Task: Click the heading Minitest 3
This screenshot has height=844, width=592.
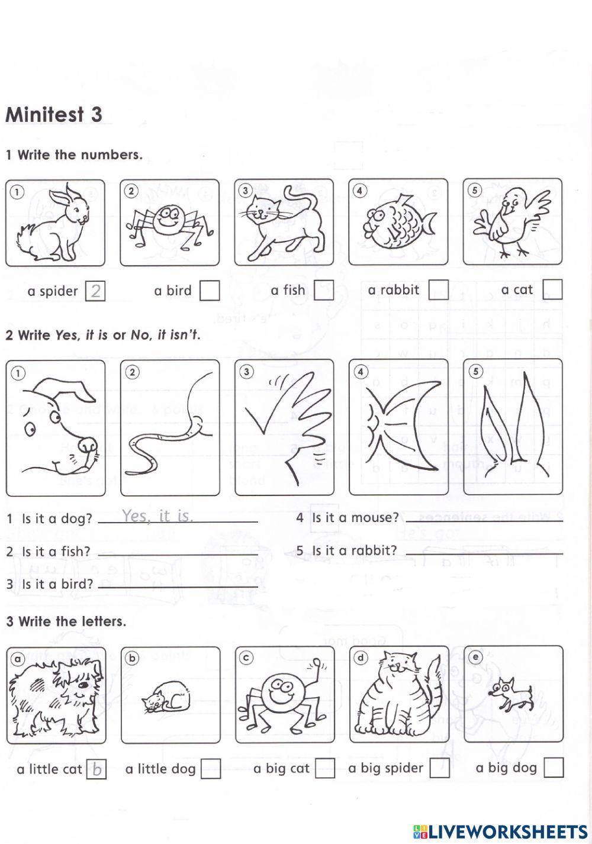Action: coord(54,114)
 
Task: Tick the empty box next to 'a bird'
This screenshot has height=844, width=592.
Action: coord(210,291)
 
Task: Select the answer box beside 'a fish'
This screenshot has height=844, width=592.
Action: coord(324,291)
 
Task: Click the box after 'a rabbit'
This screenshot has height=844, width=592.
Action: coord(438,290)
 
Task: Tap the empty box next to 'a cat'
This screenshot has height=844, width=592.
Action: coord(552,289)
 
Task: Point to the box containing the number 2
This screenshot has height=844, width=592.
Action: coord(95,291)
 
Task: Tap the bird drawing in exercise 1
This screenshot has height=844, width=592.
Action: coord(512,221)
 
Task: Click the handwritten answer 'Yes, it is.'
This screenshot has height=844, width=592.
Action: coord(157,516)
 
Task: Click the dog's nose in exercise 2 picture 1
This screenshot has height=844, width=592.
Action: coord(89,444)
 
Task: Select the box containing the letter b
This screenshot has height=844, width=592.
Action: coord(96,770)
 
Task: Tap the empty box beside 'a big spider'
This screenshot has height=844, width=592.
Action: coord(439,768)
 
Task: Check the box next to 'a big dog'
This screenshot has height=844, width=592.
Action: coord(554,768)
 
